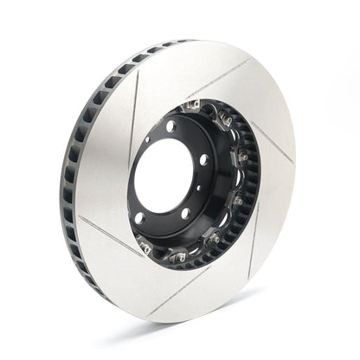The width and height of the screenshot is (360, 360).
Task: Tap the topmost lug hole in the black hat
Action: pos(170,126)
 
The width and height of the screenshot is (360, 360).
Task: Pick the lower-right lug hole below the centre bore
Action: pos(185,214)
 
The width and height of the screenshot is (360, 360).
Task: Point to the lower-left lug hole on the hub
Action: pos(139,218)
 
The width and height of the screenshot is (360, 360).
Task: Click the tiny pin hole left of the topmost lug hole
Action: pos(149,138)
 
